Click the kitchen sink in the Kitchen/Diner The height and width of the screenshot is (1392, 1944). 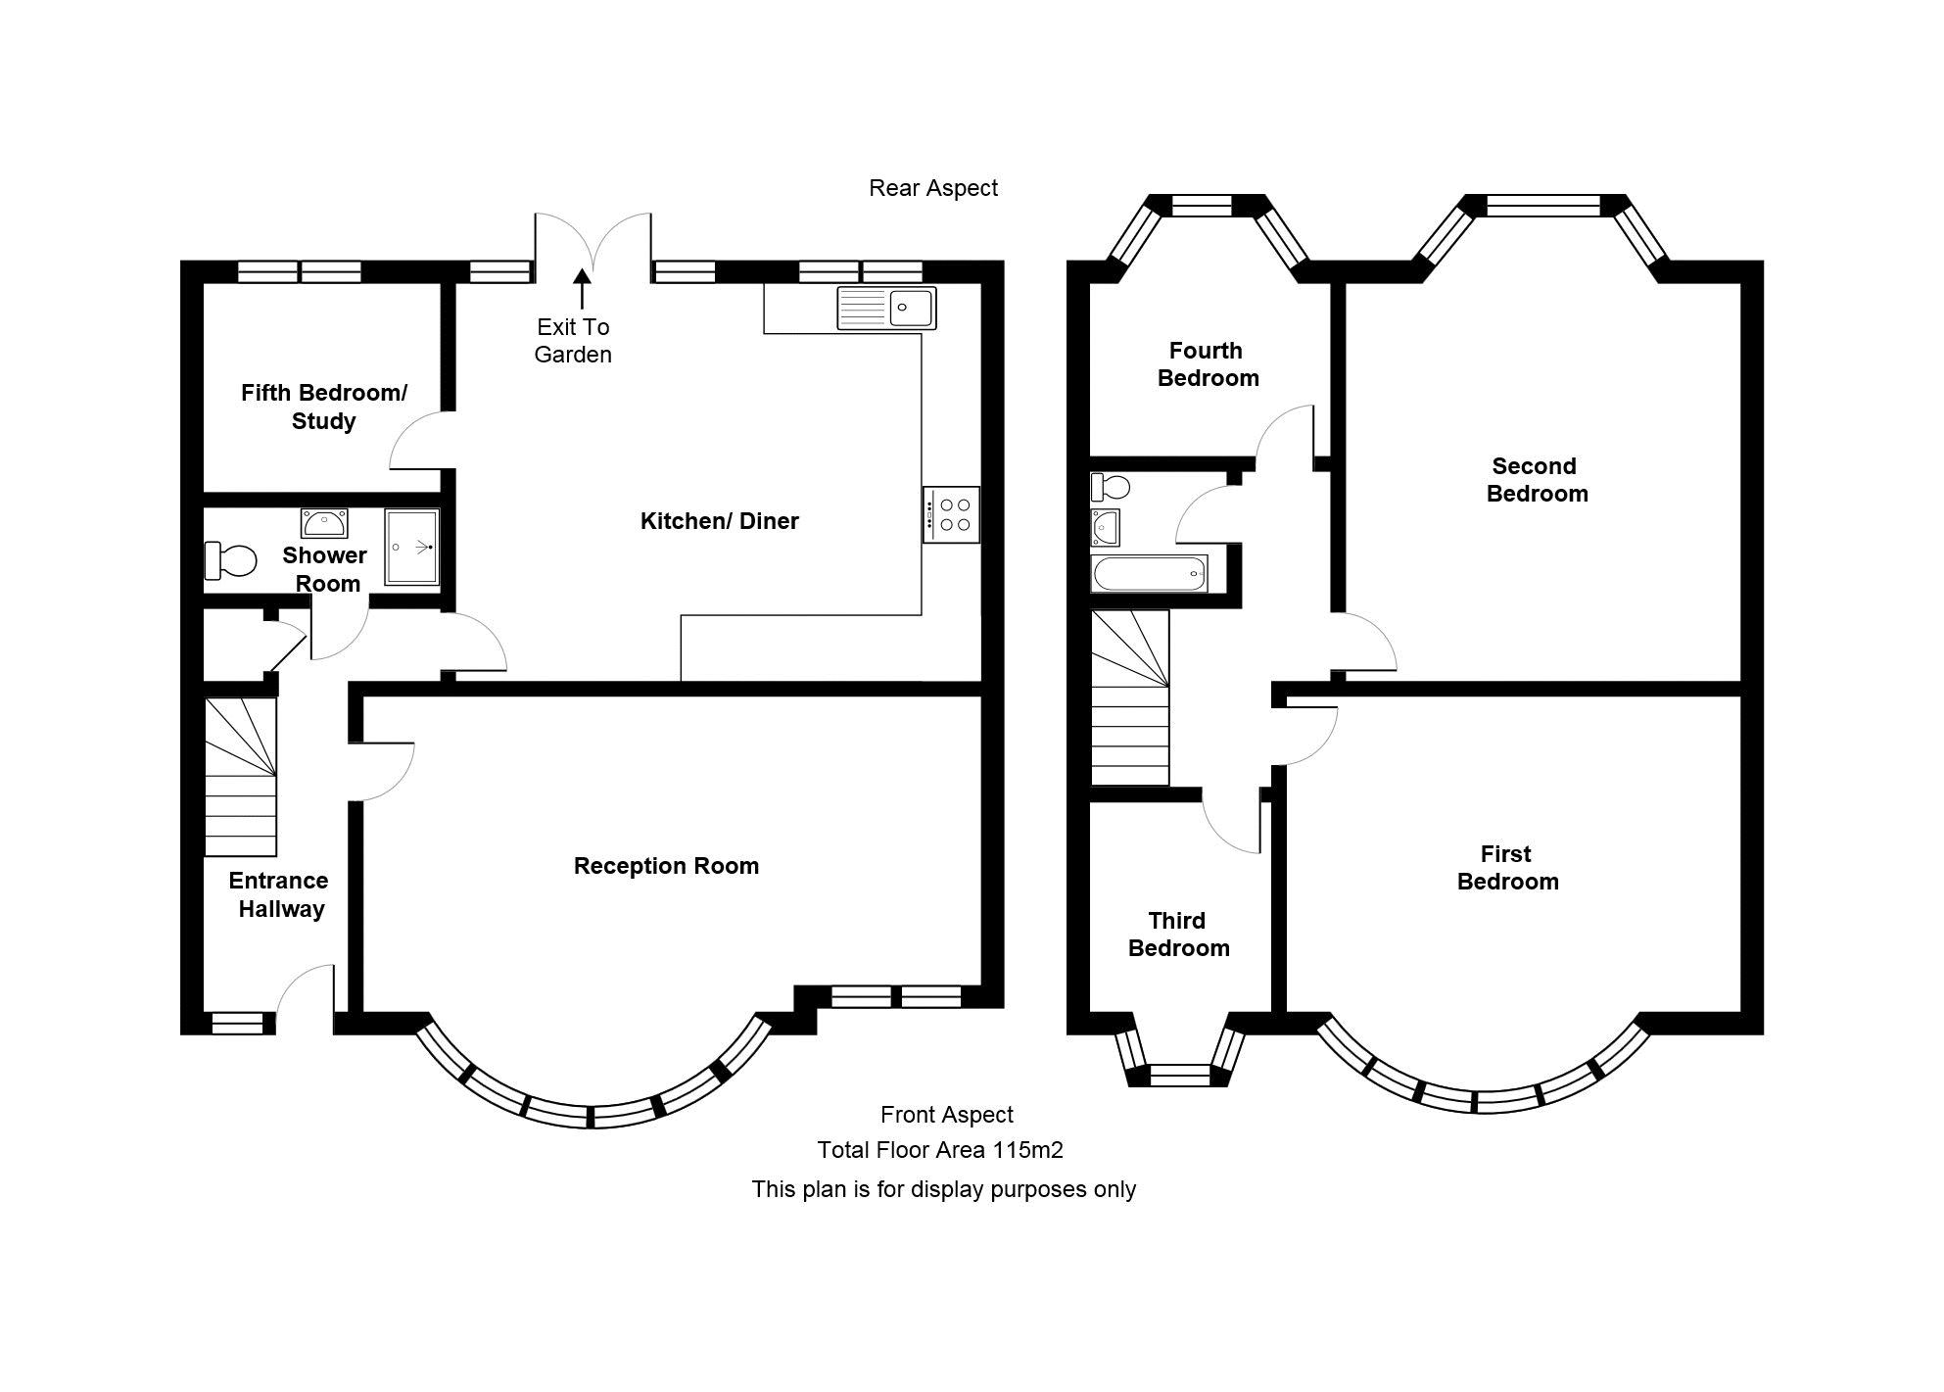point(886,308)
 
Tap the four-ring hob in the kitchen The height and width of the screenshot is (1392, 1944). point(951,515)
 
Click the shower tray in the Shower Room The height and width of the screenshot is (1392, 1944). point(411,546)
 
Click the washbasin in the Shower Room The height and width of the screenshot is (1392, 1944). point(323,524)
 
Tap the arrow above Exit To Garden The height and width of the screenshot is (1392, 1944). point(582,289)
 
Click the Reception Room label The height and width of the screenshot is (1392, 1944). point(666,866)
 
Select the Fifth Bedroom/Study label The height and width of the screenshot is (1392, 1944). point(324,407)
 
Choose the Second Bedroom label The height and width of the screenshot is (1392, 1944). point(1537,480)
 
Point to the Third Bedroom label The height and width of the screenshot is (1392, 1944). point(1178,935)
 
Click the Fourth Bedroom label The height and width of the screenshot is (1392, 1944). point(1208,364)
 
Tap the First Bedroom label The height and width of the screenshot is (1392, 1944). point(1507,868)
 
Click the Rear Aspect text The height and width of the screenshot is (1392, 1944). point(933,188)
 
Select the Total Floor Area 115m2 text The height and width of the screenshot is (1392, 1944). point(940,1150)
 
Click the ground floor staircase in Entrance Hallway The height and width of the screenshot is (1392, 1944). point(240,777)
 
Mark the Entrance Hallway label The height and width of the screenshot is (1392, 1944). point(279,894)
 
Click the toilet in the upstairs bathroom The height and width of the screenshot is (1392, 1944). point(1111,486)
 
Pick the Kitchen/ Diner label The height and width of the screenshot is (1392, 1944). point(720,521)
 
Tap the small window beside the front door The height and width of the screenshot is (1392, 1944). point(238,1023)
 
